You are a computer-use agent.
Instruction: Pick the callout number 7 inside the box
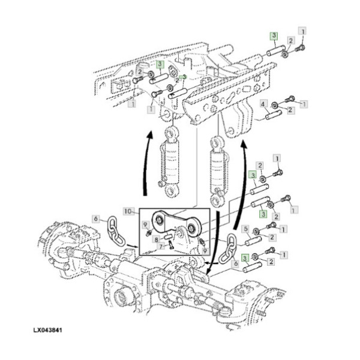pos(160,247)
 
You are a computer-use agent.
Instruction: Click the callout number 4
pos(263,104)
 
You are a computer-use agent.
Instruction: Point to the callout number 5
pos(245,229)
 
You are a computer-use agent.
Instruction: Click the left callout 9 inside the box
pos(146,226)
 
